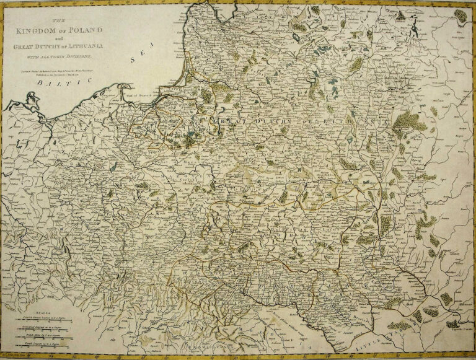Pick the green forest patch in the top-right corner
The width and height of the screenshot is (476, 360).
(x=460, y=15)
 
